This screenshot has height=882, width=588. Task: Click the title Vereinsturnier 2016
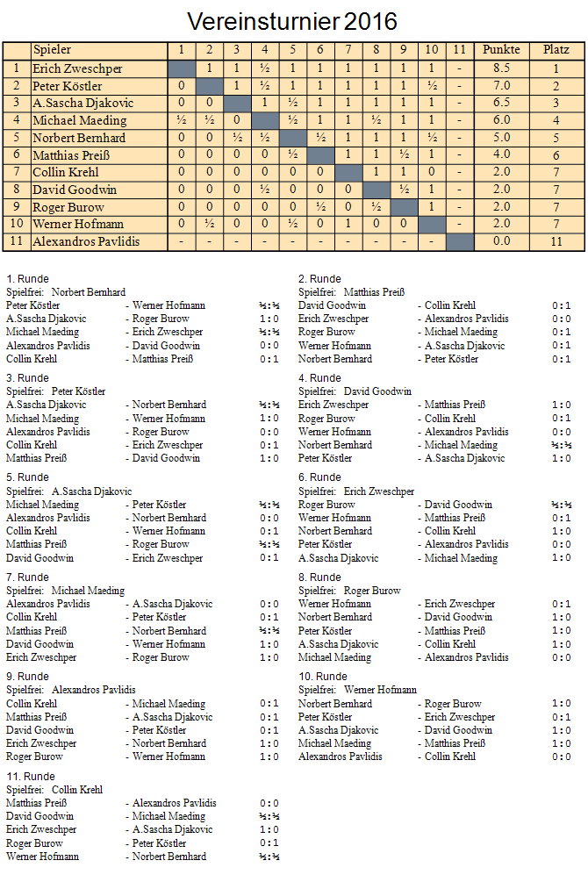293,21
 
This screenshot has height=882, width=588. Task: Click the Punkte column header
501,50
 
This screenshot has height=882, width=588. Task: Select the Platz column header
556,50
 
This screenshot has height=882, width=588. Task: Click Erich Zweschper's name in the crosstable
77,68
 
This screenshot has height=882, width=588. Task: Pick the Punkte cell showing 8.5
501,68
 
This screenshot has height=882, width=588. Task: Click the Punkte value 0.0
501,241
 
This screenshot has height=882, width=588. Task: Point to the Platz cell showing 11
556,241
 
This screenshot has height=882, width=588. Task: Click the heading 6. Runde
319,478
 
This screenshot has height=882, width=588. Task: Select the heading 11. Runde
30,777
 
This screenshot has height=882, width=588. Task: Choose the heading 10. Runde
322,677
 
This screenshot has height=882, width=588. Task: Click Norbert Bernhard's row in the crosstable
79,138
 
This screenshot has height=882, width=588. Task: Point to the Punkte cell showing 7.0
501,86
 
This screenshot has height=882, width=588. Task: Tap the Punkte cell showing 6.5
501,104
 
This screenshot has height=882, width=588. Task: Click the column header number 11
459,50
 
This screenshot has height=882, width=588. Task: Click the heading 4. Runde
319,378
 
